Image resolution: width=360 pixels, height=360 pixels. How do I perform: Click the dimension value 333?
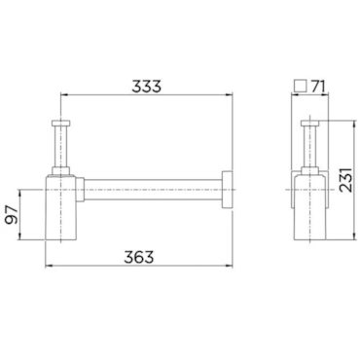[x=146, y=87]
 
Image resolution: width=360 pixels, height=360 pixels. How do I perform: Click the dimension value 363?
[x=139, y=257]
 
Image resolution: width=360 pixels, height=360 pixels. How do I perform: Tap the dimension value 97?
[x=13, y=215]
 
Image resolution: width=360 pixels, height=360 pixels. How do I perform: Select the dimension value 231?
[x=345, y=180]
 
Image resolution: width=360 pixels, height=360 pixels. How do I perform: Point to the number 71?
[x=317, y=87]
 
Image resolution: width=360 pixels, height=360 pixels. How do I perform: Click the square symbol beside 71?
[x=300, y=86]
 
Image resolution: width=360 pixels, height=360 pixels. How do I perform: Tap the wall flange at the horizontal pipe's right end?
[x=228, y=190]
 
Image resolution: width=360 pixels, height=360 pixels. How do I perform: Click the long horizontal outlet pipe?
[x=153, y=190]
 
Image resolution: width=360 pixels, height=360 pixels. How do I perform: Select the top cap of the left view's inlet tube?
[x=60, y=123]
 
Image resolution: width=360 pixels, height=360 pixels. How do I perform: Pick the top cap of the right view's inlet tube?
[x=310, y=123]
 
